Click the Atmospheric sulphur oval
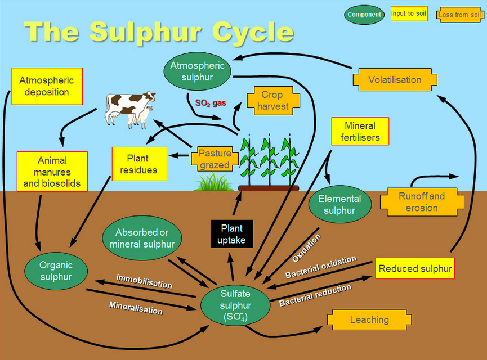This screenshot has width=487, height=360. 197,71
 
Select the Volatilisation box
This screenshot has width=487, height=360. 395,80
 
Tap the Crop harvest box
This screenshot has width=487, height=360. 272,101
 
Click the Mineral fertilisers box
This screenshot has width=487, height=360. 360,131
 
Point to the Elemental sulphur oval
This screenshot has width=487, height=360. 340,205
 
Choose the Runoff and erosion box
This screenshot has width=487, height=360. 421,202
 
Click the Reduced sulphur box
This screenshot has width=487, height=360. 415,269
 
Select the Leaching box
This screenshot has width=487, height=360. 369,319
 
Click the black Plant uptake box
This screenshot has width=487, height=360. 231,235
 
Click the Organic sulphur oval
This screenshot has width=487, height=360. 56,271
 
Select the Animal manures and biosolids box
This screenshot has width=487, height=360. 52,172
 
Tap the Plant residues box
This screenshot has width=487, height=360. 139,164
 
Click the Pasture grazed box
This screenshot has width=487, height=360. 214,159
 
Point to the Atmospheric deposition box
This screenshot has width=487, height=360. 47,86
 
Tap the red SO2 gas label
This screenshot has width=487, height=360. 210,103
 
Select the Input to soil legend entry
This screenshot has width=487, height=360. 409,15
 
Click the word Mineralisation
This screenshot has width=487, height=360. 136,308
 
